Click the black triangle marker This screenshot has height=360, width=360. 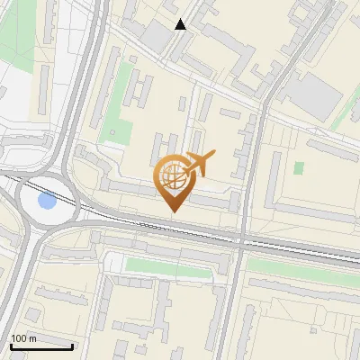pyautogui.click(x=181, y=24)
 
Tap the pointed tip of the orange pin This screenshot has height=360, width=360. pyautogui.click(x=173, y=211)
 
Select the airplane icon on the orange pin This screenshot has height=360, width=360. pyautogui.click(x=200, y=164)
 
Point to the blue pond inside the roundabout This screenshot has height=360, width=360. pyautogui.click(x=45, y=201)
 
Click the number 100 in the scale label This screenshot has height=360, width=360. pyautogui.click(x=19, y=338)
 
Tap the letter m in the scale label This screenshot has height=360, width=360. pyautogui.click(x=32, y=338)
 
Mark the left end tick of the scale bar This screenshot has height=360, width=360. pyautogui.click(x=10, y=346)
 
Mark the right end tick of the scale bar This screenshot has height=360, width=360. pyautogui.click(x=72, y=346)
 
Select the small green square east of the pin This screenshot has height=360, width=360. pyautogui.click(x=299, y=168)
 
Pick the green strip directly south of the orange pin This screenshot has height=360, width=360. pyautogui.click(x=171, y=266)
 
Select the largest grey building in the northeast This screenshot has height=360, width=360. pyautogui.click(x=314, y=93)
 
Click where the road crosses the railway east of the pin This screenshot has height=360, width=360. pyautogui.click(x=242, y=238)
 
